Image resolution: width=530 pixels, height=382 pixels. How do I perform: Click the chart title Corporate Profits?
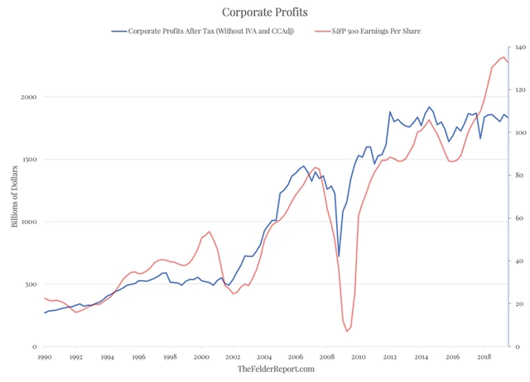[266, 12]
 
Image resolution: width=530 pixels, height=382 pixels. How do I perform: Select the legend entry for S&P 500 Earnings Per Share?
[376, 31]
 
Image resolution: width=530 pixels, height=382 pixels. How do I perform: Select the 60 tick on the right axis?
[516, 219]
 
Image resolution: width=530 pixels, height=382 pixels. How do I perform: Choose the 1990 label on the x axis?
[45, 357]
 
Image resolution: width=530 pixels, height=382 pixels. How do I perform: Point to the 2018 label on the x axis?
[483, 357]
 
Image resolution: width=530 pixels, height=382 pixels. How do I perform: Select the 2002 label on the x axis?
[233, 357]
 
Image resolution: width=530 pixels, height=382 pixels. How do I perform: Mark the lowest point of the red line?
[347, 332]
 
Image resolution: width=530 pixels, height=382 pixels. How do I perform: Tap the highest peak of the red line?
[503, 56]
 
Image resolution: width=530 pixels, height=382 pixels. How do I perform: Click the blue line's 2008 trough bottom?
[339, 256]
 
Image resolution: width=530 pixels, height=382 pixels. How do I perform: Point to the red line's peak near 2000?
[209, 232]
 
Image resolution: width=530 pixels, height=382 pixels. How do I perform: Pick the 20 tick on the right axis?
[516, 304]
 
